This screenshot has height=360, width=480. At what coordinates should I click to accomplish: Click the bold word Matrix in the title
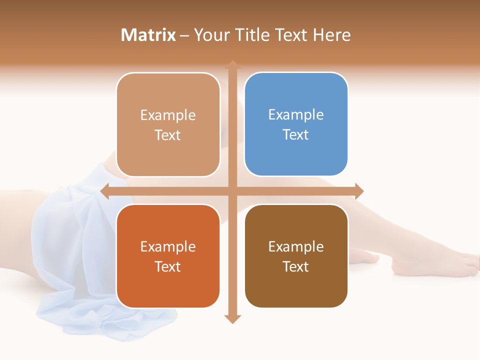coord(148,35)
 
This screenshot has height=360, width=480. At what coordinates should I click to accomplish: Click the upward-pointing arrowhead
coord(232,64)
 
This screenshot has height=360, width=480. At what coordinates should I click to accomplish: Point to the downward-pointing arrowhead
coord(232,319)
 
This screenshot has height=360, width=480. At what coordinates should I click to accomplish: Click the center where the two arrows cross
coord(232,191)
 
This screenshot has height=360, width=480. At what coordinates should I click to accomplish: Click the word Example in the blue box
coord(296,115)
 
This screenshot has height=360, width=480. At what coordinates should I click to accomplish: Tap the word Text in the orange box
coord(168,266)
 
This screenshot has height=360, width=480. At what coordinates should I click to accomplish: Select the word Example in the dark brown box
coord(296,246)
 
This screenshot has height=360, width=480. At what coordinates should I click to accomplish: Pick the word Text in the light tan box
coord(168,135)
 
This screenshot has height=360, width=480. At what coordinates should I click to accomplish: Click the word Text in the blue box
coord(296,134)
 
